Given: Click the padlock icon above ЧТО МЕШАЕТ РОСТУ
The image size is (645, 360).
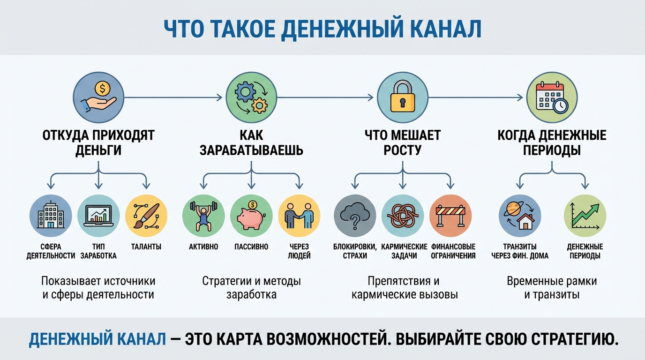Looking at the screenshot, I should click(x=403, y=97).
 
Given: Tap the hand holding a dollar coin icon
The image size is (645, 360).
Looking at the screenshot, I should click(x=98, y=97).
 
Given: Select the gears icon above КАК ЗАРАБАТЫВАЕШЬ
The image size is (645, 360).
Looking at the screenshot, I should click(x=251, y=97).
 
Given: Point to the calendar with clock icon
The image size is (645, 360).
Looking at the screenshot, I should click(x=552, y=97).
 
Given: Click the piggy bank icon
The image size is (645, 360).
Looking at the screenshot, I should click(x=251, y=216).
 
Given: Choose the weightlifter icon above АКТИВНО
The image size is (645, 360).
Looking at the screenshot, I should click(x=203, y=216).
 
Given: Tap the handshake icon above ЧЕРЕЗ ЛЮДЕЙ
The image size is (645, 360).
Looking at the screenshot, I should click(x=299, y=216).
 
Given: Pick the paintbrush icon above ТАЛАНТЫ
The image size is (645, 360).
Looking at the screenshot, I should click(x=146, y=216).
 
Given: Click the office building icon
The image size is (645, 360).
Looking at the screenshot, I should click(x=50, y=216).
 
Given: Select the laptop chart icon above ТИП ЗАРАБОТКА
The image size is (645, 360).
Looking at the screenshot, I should click(x=98, y=216).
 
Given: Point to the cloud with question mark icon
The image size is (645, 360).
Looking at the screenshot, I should click(x=355, y=216).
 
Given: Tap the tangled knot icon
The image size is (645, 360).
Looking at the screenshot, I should click(x=403, y=216).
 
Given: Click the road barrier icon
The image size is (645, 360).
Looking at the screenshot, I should click(x=450, y=216).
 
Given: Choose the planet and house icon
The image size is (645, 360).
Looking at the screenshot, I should click(x=520, y=216).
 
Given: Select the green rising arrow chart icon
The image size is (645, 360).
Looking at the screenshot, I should click(x=585, y=216).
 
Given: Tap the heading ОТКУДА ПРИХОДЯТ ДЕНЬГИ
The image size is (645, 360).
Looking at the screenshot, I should click(x=98, y=142).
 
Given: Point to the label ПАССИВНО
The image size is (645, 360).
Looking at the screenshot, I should click(x=251, y=247).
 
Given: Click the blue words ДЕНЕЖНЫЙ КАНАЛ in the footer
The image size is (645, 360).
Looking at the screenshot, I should click(x=97, y=339).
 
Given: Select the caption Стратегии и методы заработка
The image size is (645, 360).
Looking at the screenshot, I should click(x=251, y=288).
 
